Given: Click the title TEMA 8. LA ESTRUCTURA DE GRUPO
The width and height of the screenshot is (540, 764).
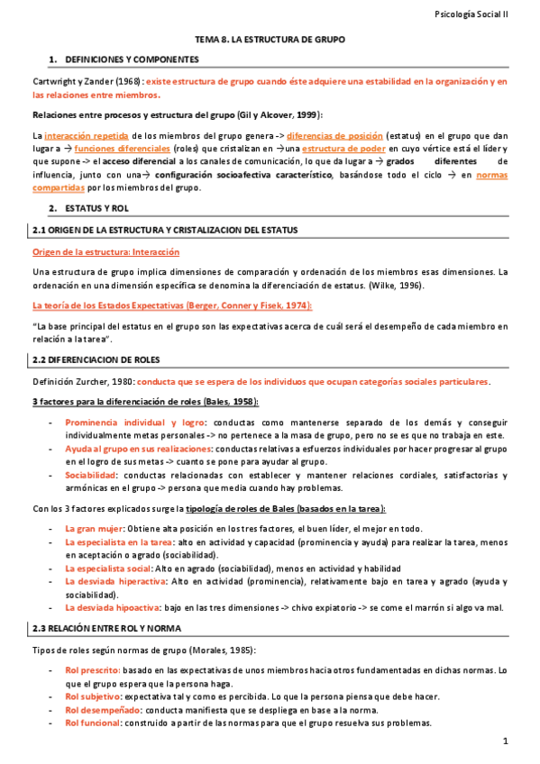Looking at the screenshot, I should coord(270,41).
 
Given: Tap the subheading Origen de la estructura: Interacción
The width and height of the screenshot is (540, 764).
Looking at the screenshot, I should coord(105,252).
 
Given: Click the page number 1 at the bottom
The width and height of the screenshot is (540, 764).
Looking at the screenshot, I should coord(507,741).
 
